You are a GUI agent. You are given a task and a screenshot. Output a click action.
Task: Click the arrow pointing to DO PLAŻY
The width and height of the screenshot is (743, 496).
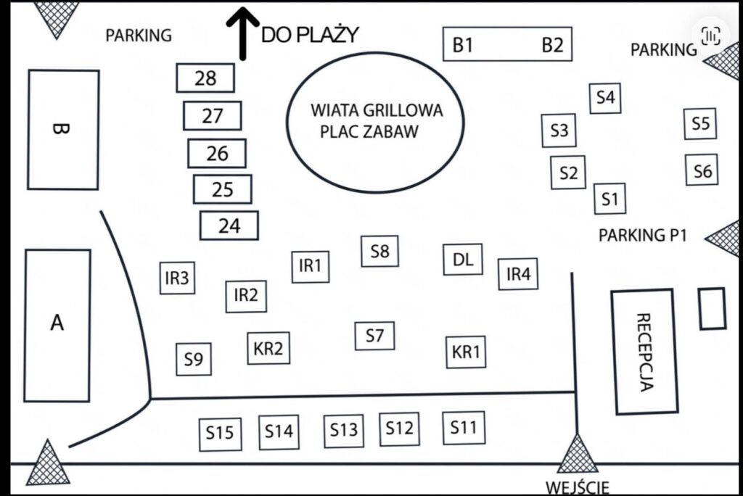click(243, 33)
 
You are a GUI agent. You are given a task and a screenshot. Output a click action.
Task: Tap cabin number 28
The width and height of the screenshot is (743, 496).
click(205, 78)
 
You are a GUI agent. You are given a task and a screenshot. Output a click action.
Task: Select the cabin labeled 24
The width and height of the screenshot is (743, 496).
click(229, 226)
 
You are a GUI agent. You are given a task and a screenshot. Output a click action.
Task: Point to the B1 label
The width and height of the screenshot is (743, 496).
click(463, 45)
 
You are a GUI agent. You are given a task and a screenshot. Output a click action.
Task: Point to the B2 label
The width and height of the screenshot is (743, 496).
click(552, 45)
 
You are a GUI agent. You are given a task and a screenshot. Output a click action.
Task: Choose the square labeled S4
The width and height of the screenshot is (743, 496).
click(605, 97)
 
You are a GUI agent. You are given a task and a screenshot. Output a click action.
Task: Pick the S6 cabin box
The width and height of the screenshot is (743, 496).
click(702, 170)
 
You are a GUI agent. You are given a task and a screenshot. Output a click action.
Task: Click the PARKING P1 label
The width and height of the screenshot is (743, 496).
click(642, 236)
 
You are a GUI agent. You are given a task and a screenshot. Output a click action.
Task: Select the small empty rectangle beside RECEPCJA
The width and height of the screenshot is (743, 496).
click(712, 308)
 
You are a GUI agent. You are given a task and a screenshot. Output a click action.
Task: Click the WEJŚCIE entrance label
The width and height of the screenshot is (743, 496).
click(577, 487)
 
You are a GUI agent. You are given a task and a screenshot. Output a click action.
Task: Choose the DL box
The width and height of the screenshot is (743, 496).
click(463, 260)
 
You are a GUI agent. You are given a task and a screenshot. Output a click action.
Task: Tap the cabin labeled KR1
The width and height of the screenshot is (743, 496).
click(466, 352)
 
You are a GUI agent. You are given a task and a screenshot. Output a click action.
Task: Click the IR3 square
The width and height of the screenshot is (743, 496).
click(177, 278)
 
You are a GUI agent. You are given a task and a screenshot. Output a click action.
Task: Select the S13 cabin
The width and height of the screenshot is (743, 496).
click(343, 430)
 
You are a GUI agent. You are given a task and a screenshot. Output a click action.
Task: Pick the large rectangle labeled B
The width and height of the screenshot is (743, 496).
click(63, 130)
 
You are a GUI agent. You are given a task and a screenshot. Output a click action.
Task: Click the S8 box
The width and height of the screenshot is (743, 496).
click(379, 252)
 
